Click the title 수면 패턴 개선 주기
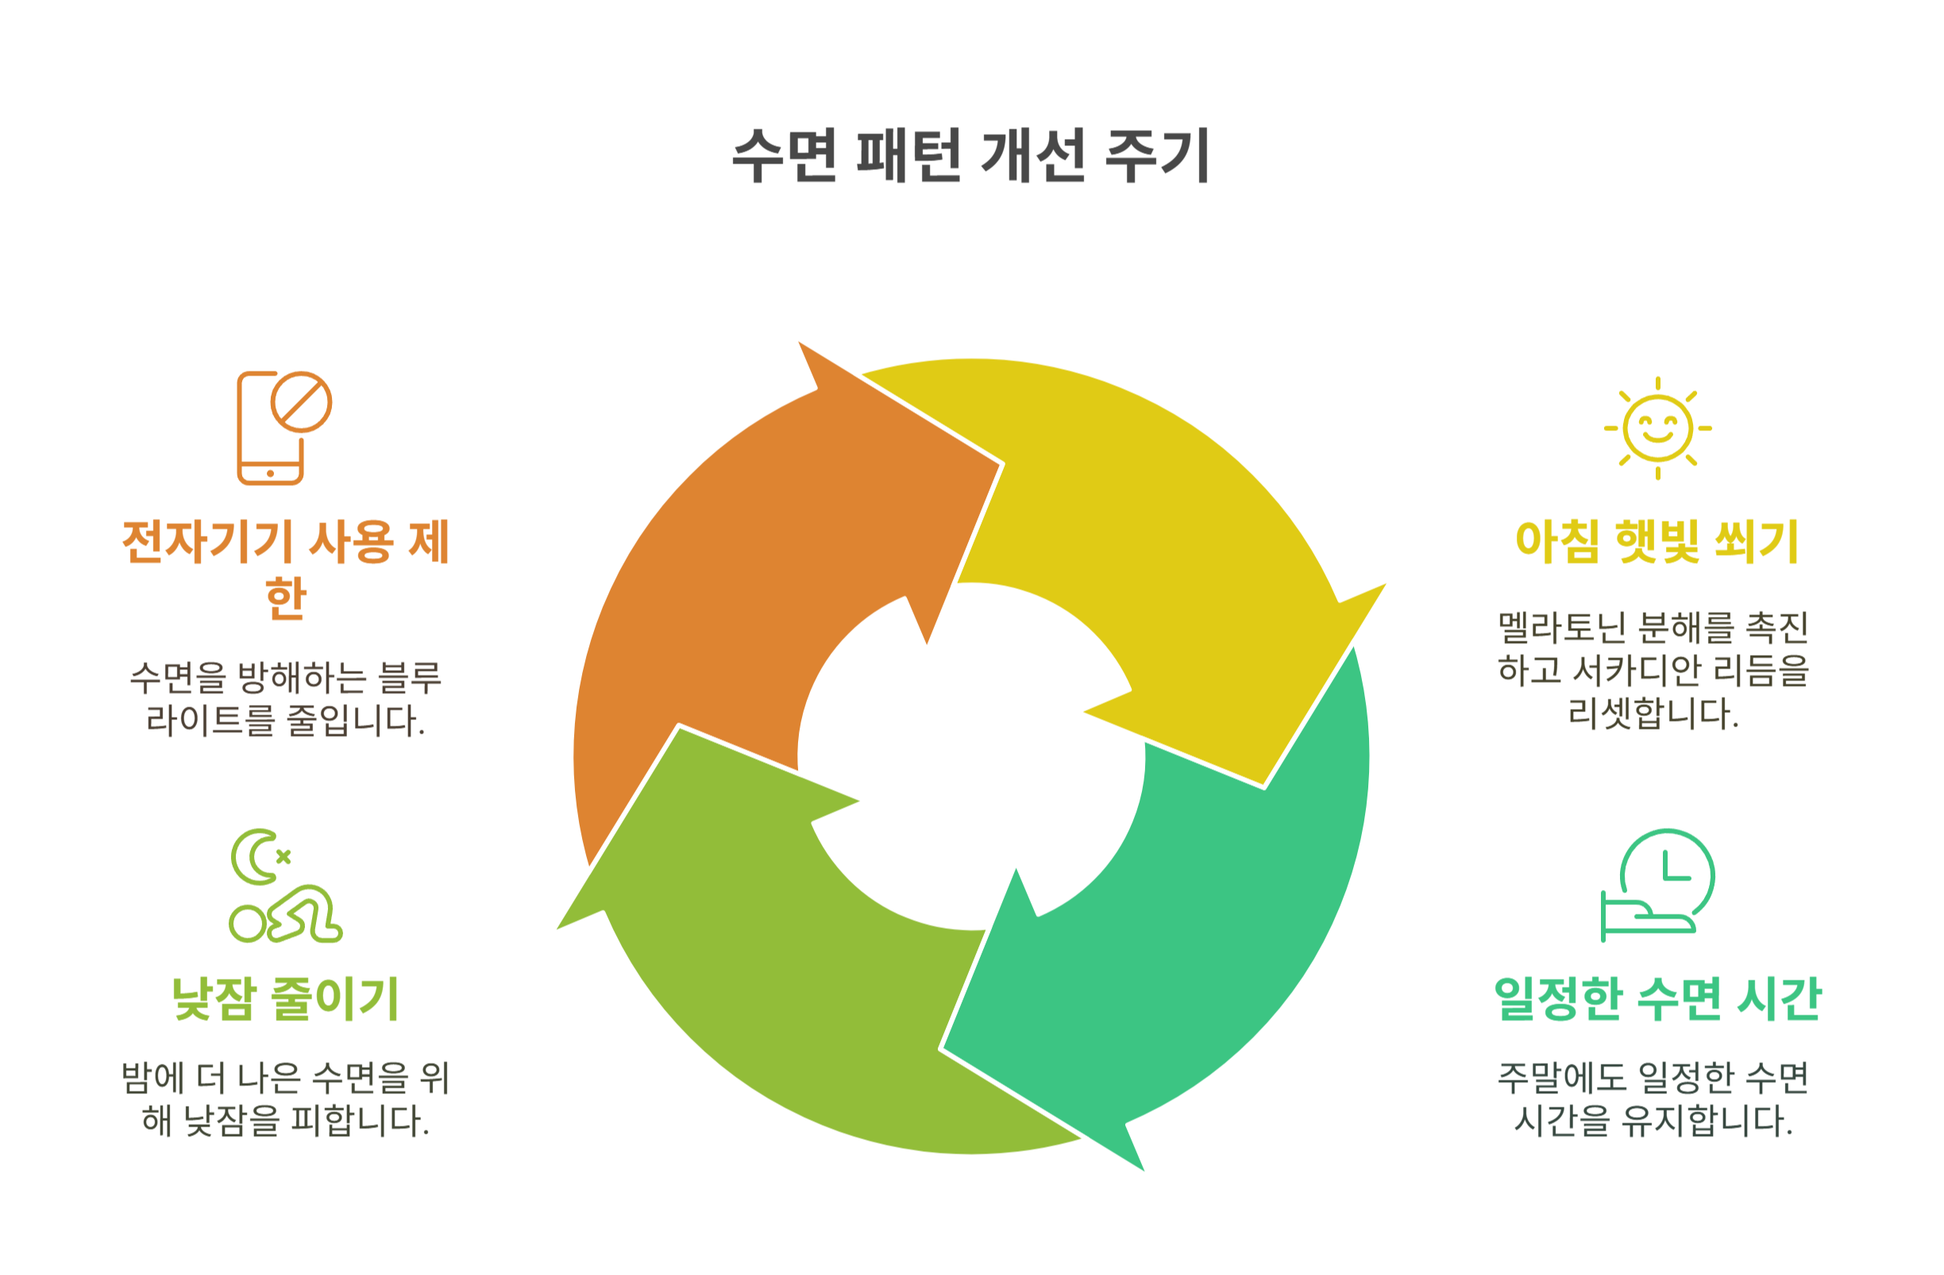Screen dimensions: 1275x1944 coord(970,155)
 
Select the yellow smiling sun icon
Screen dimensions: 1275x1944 coord(1657,428)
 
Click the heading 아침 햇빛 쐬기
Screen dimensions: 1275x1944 coord(1657,541)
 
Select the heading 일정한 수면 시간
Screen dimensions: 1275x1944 coord(1657,998)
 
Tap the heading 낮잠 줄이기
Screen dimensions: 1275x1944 coord(285,998)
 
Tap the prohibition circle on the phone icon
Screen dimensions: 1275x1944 coord(302,401)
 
